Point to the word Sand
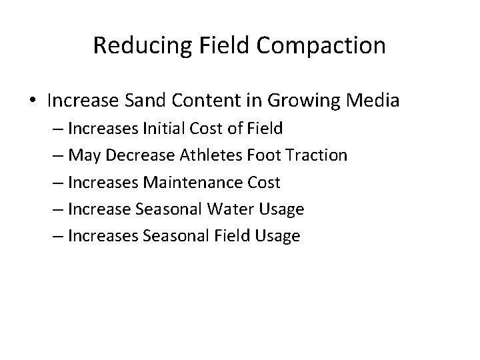coord(159,101)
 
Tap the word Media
coord(376,101)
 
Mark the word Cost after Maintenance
coord(264,182)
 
